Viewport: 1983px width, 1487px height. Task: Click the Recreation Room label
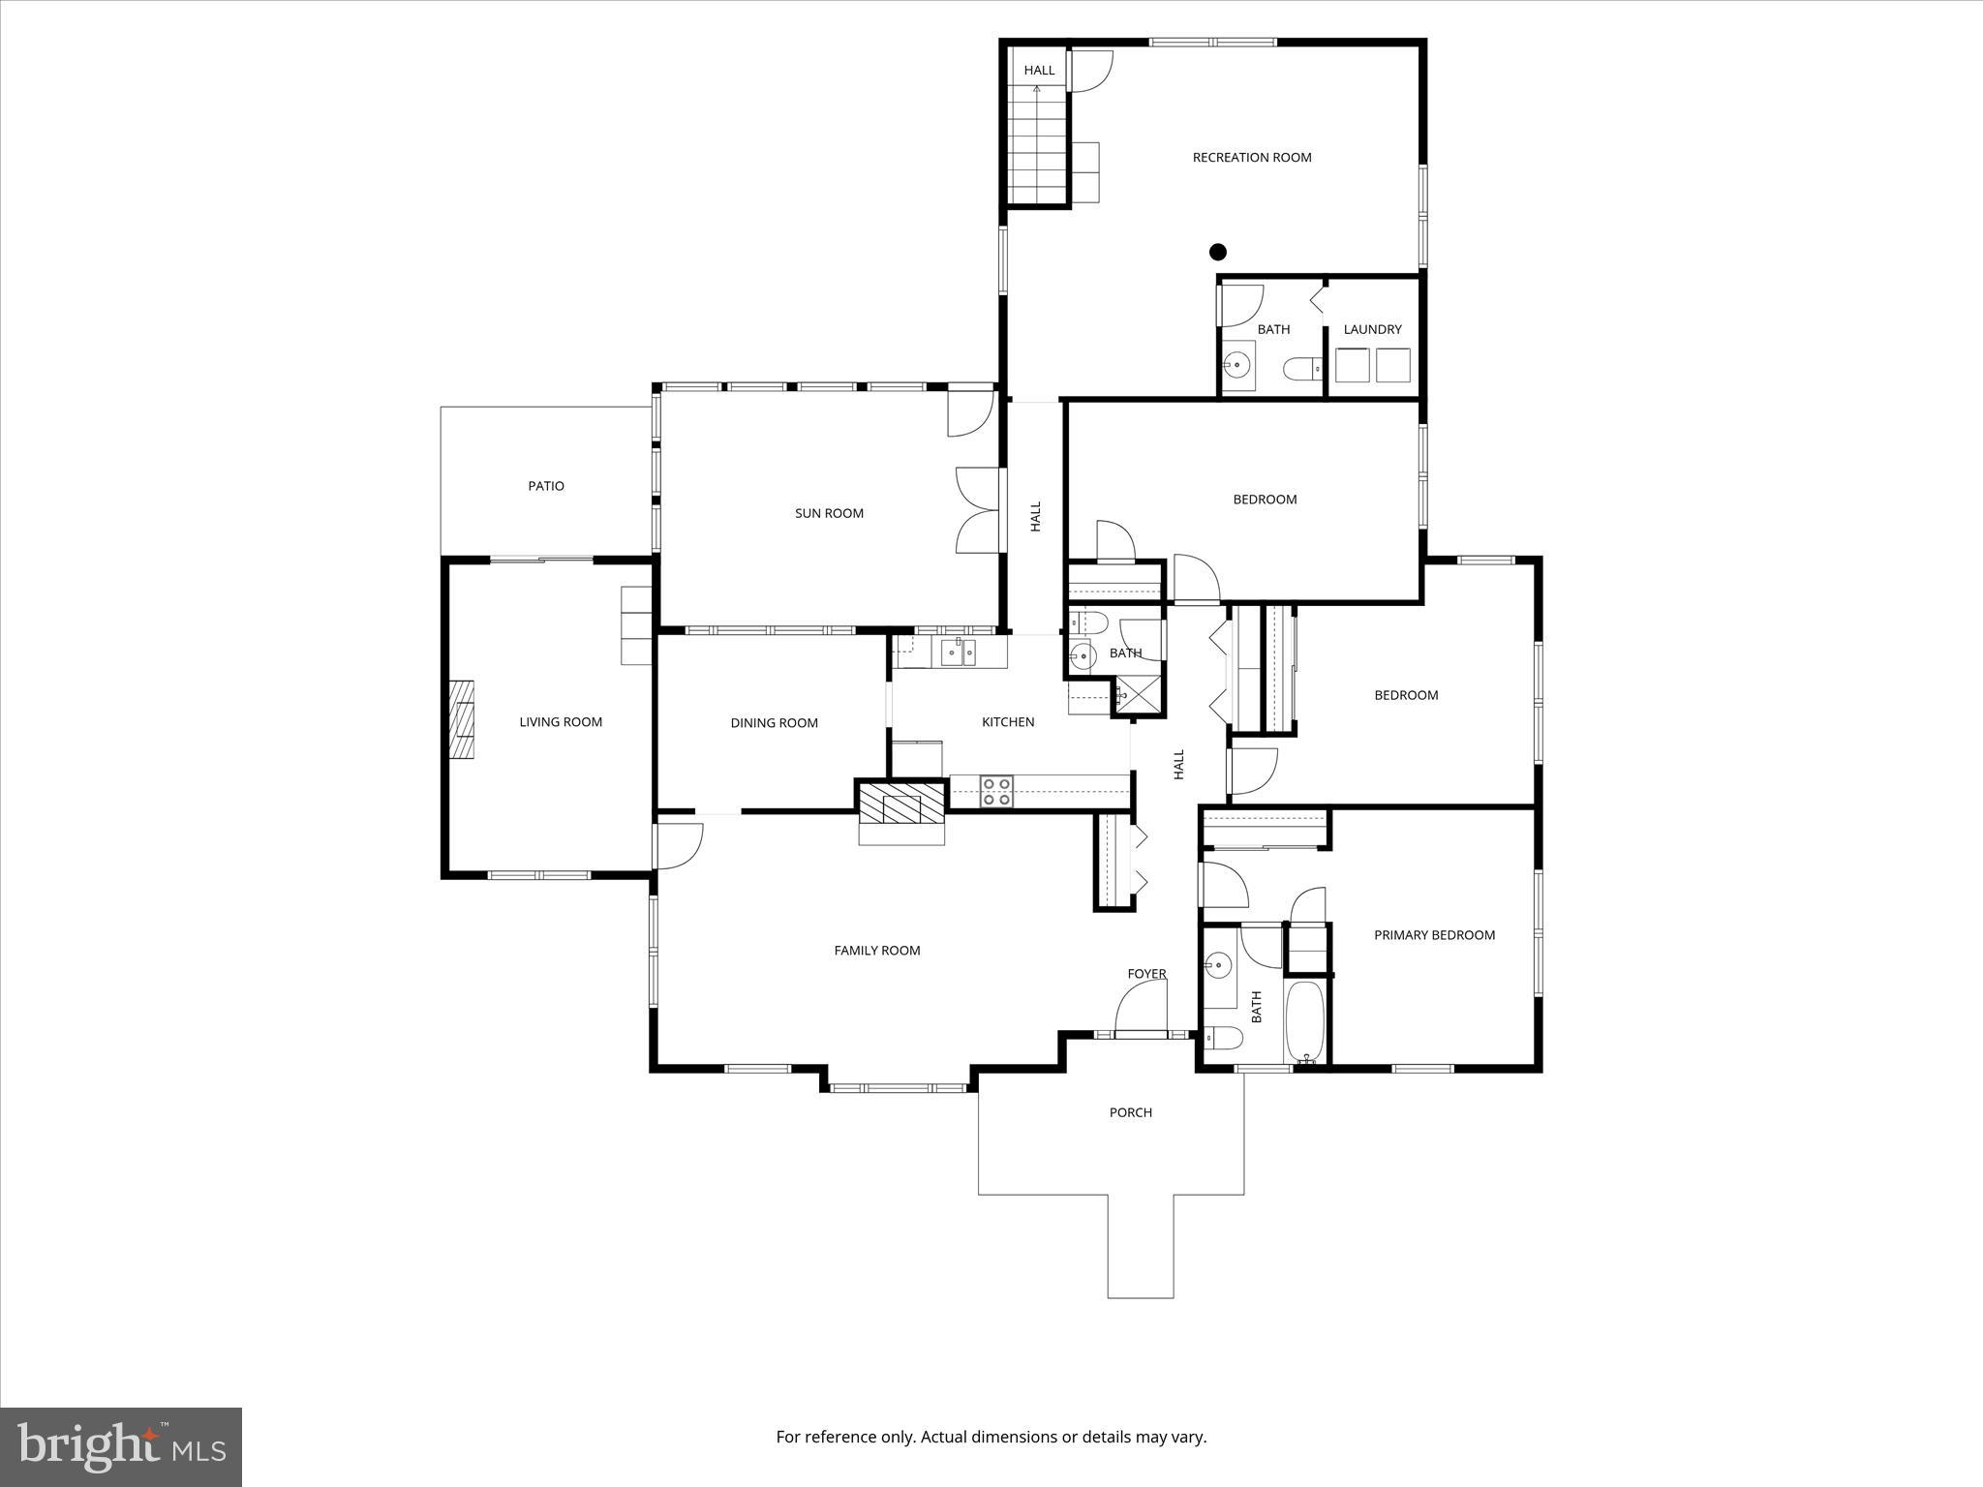1252,157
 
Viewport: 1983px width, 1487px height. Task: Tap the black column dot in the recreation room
1218,252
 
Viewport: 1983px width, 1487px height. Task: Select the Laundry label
1372,329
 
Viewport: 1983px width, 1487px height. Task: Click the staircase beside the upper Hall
1037,144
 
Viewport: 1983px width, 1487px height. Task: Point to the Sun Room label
829,513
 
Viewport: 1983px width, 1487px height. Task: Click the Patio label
546,486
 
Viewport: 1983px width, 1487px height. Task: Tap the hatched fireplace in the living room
461,719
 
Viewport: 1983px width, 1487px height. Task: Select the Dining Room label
774,723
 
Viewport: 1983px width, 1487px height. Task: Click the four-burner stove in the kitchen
996,791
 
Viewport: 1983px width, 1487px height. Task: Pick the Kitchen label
1008,722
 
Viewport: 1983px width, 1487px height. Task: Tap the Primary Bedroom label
1435,935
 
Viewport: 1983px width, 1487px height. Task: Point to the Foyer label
1146,974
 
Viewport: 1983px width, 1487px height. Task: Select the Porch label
1131,1112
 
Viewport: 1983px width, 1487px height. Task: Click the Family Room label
877,951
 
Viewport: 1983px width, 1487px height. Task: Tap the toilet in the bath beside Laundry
1302,368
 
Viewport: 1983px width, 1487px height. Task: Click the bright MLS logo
121,1445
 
